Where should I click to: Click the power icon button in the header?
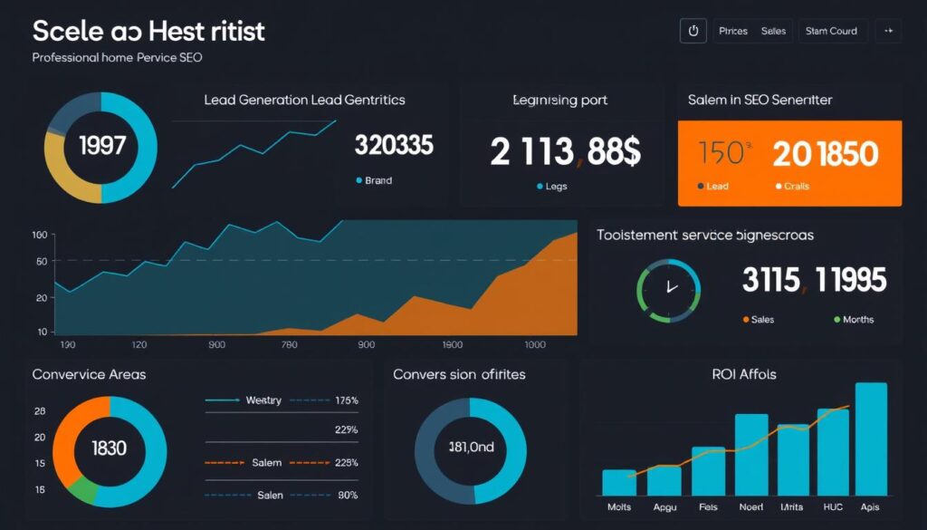(x=693, y=31)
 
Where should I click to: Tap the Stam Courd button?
(x=831, y=31)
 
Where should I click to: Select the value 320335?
(x=394, y=144)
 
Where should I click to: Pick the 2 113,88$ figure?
(x=565, y=151)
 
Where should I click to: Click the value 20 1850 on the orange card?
(x=825, y=153)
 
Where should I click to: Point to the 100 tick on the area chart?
(x=39, y=236)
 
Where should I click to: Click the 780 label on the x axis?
(x=289, y=345)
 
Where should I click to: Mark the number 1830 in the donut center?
(x=110, y=448)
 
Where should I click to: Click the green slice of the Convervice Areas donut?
(x=83, y=489)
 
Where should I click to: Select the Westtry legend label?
(x=263, y=400)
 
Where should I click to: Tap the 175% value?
(x=346, y=400)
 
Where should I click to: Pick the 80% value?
(x=347, y=495)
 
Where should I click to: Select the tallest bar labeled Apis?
(x=871, y=438)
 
